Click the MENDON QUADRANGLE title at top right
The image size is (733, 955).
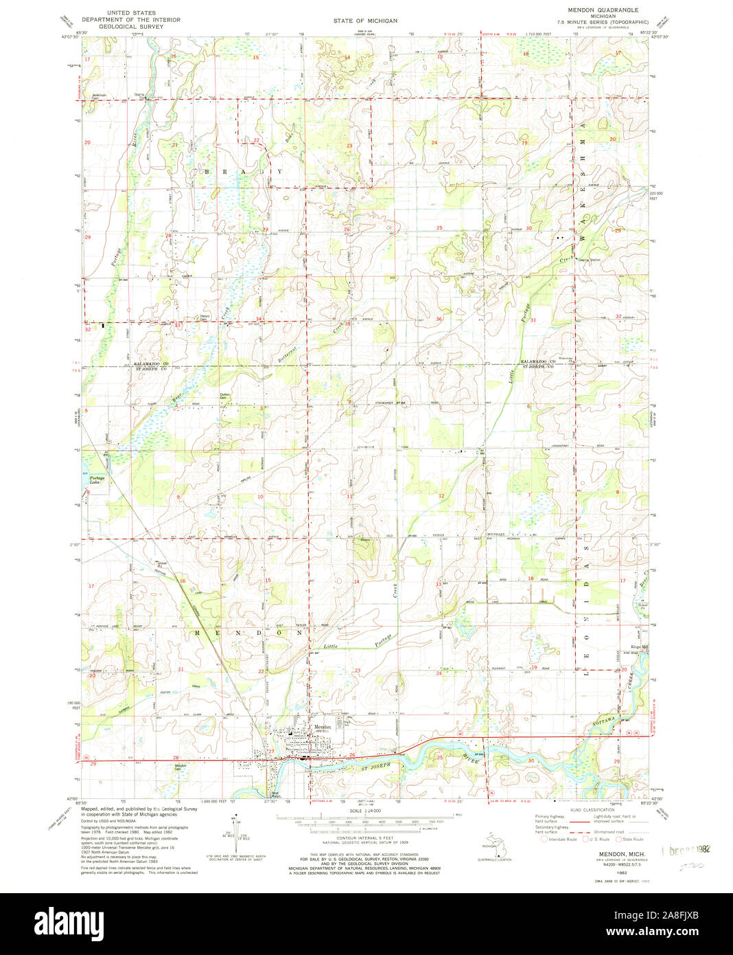pos(602,10)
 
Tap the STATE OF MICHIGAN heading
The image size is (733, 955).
pos(365,21)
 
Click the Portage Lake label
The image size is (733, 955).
pos(96,480)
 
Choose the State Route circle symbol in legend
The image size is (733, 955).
pos(618,839)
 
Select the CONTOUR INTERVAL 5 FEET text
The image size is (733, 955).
pos(365,839)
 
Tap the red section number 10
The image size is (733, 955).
pos(260,497)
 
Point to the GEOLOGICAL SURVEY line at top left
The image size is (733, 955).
pos(130,27)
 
